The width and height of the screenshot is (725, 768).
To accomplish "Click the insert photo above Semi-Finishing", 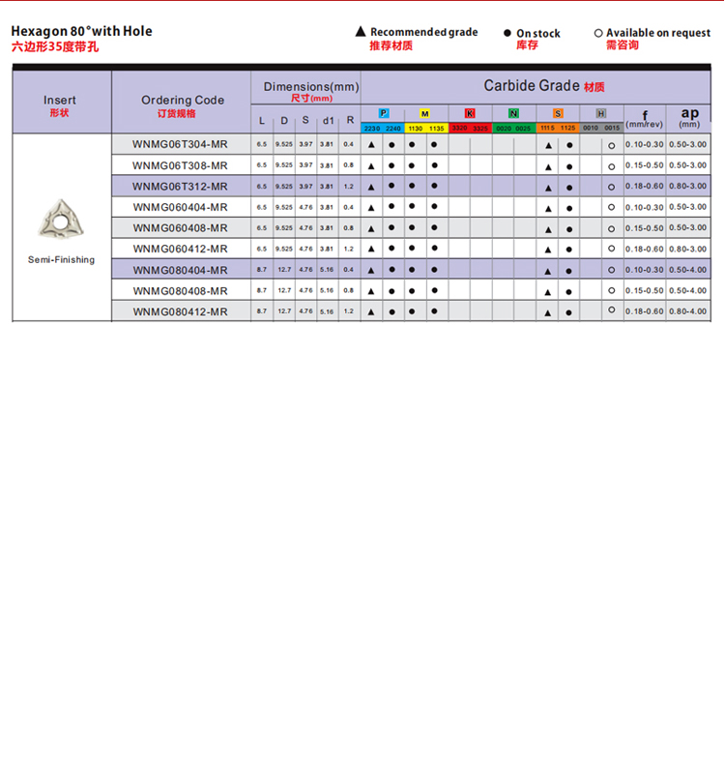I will coord(61,222).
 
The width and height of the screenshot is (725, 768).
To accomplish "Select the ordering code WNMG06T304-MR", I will coord(180,144).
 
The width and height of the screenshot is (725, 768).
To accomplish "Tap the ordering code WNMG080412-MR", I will coord(180,311).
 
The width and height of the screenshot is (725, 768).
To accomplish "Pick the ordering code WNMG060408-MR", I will coord(180,228).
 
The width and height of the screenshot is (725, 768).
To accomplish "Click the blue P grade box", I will coord(383,114).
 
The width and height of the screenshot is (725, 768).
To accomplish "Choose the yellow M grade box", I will coord(425,114).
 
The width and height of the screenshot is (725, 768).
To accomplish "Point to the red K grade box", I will coord(470,114).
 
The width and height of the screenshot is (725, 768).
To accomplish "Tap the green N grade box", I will coord(513,114).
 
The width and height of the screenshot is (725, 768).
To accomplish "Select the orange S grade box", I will coord(558,114).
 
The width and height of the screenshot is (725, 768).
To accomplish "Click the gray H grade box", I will coord(601,114).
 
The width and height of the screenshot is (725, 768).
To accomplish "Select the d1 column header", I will coord(328,121).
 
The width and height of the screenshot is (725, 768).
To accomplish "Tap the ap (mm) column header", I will coord(689,116).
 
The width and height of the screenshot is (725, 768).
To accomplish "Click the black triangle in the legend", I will coord(361,32).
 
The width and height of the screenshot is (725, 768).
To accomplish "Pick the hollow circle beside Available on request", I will coord(598,33).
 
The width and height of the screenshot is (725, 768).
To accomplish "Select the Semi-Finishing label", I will coord(61,259).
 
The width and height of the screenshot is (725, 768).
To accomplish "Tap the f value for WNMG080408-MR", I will coord(644,291).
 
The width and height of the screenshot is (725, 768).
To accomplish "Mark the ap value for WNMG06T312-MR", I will coord(687,186).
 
